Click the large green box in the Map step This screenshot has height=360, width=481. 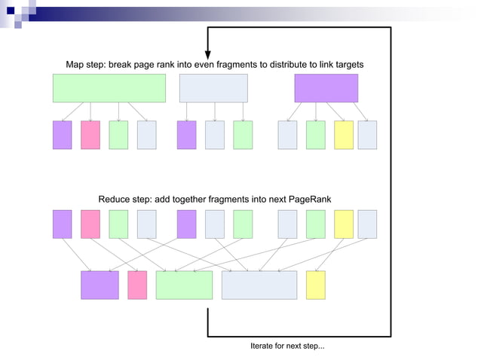coord(109,88)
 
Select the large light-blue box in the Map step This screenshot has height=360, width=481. coord(213,88)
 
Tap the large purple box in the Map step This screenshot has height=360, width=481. coord(326,88)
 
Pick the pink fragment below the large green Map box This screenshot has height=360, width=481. coord(90,135)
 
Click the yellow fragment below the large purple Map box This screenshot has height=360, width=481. coord(344,135)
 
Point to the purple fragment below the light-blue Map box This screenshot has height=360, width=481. coord(186,135)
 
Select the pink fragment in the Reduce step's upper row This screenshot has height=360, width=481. coord(90,224)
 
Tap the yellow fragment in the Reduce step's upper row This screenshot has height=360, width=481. coord(344,224)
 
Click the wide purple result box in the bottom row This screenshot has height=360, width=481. coord(100,285)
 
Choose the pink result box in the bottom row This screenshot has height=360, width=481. coord(137,285)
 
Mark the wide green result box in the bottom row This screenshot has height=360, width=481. coord(184,285)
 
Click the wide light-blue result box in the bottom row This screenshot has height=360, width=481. coord(259,285)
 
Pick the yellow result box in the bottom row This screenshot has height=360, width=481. coord(316,285)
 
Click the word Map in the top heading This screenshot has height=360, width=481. coord(75,65)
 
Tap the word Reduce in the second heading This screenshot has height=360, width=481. coord(115,200)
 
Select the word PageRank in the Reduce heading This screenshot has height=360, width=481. coord(309,200)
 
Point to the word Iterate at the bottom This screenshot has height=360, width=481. coord(264,346)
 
